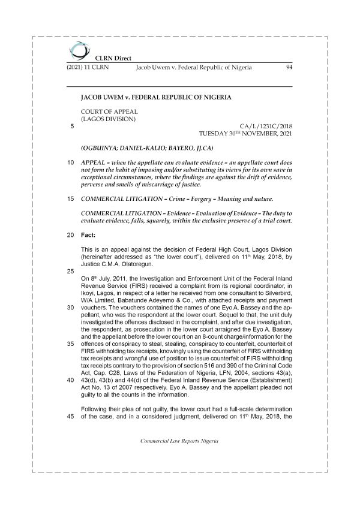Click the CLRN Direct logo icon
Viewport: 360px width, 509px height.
click(x=77, y=49)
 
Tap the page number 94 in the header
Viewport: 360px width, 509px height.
click(x=288, y=68)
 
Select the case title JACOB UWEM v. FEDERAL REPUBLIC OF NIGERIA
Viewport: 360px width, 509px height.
click(x=155, y=96)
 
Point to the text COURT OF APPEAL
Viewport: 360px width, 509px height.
click(x=109, y=112)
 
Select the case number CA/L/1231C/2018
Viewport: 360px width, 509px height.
click(x=265, y=126)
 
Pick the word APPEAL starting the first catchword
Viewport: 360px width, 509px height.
click(x=95, y=162)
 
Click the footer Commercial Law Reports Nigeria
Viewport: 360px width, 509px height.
click(x=179, y=440)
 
